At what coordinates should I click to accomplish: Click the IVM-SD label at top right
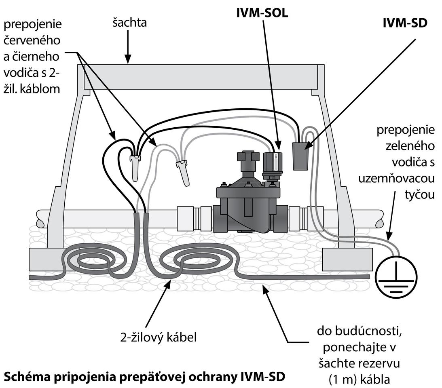point(405,23)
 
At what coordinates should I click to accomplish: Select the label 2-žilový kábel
point(159,337)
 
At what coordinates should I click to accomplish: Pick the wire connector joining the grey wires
point(183,171)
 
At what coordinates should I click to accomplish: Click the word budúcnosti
point(372,332)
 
